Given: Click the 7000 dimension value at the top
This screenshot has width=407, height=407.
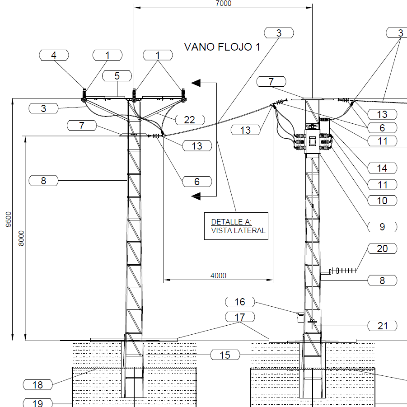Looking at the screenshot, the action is coord(224,3).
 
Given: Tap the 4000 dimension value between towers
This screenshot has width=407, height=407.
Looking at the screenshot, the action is coord(218,276).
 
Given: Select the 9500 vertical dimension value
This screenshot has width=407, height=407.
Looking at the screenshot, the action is coord(9,220).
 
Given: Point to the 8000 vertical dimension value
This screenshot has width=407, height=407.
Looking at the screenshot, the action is coord(21,238).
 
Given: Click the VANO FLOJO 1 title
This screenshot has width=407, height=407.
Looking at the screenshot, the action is coord(222,47).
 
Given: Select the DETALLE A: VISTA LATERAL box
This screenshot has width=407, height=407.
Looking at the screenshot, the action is coord(236,226).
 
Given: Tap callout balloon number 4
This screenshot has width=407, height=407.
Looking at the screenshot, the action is coord(54,55).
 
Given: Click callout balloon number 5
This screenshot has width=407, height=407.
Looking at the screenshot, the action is coord(117,76).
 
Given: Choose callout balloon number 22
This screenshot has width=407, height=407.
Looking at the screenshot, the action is coord(190,120).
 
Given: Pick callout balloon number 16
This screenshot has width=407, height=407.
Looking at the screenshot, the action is coord(240,302).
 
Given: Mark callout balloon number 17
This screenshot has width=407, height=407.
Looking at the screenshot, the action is coord(240,317).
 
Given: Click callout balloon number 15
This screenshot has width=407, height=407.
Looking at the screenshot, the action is coord(225,355).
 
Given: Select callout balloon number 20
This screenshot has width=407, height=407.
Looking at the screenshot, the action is coord(382,248).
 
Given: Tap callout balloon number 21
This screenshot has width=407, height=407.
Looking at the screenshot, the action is coord(382,326).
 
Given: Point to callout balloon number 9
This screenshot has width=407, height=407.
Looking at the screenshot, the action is coord(382,227).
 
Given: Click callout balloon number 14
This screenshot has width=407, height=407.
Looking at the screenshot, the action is coord(382,168).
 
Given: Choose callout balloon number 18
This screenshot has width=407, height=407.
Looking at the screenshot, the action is coord(37,385).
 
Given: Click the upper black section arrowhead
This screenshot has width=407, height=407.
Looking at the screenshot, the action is coord(196,83).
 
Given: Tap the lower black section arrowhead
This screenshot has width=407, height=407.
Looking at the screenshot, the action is coord(196,196).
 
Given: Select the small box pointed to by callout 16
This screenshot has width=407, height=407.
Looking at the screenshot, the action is coord(301,318).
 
